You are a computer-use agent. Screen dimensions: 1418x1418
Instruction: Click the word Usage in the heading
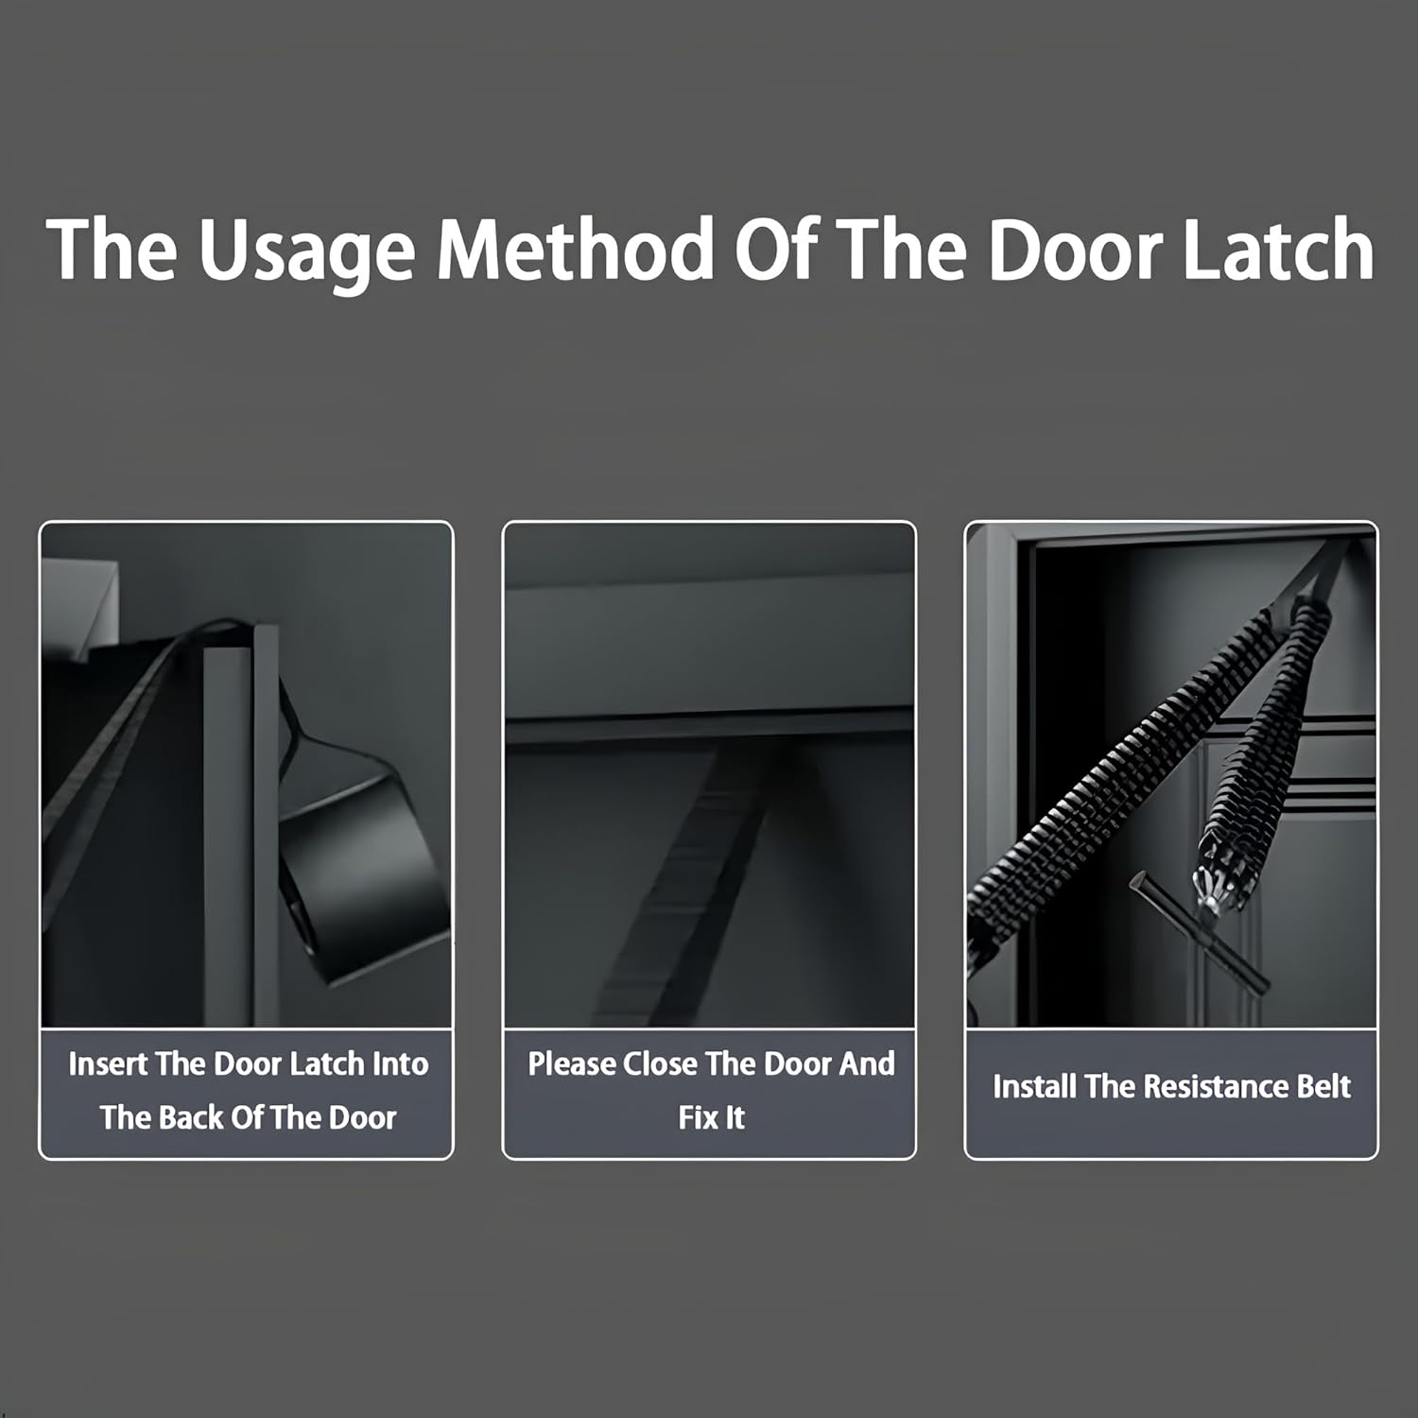(306, 251)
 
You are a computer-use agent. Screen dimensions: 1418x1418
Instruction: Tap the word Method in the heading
(575, 250)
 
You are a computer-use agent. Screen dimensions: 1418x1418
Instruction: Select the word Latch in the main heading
(1277, 250)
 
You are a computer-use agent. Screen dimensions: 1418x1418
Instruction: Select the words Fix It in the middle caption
(711, 1117)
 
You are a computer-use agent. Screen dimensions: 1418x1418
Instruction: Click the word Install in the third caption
(1034, 1086)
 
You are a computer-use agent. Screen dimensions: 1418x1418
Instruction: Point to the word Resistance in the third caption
(1216, 1086)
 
